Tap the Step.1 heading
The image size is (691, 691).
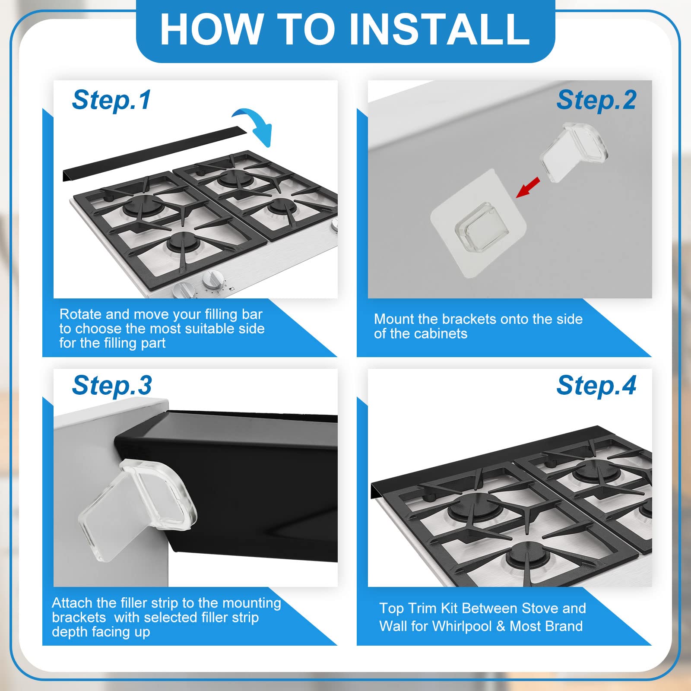[x=111, y=100]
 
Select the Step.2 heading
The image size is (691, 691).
[x=596, y=100]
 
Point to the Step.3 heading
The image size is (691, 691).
[x=112, y=385]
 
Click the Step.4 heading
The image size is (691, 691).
[x=596, y=385]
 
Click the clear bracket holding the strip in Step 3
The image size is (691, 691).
[x=137, y=510]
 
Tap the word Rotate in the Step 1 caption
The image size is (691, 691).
[x=81, y=314]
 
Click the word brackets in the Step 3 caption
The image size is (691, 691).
[x=79, y=618]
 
